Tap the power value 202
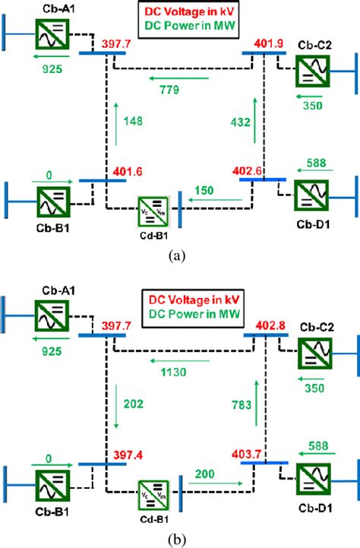pos(133,405)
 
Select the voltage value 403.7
pos(248,454)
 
